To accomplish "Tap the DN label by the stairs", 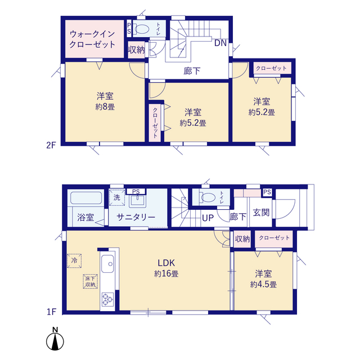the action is tap(220, 43).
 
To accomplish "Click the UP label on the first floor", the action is tap(208, 218).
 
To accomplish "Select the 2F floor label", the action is tap(51, 145).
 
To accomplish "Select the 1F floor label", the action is tap(51, 312).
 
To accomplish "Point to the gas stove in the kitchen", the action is tap(107, 299).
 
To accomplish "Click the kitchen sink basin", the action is tap(107, 264).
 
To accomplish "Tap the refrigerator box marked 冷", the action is tap(74, 260).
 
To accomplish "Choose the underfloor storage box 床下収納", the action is tap(90, 281).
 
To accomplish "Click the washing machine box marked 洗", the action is tap(117, 197).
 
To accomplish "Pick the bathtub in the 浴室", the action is tap(86, 198).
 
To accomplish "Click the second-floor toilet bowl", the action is tap(142, 29).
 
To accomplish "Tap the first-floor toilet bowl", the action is tap(208, 197).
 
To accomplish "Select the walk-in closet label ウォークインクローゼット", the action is tap(92, 39).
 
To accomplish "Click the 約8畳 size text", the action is tap(105, 107).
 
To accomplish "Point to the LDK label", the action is tap(166, 263).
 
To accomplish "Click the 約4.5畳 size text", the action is tap(263, 285).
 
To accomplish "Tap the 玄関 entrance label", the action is tap(261, 213).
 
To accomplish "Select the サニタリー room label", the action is tap(136, 217).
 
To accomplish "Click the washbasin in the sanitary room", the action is tap(137, 201).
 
